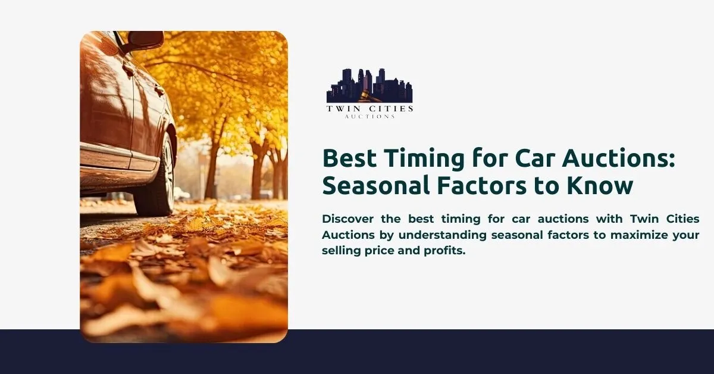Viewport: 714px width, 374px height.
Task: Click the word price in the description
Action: (x=378, y=251)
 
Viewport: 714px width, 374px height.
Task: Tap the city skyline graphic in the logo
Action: (x=369, y=83)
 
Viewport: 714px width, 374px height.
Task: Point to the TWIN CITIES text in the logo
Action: (x=369, y=108)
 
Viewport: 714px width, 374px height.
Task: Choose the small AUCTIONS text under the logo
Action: (x=369, y=117)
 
